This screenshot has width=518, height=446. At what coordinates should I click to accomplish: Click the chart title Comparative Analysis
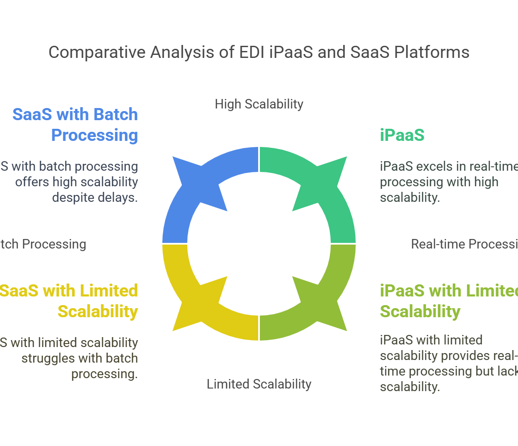259,53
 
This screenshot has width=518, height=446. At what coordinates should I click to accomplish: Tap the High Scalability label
259,105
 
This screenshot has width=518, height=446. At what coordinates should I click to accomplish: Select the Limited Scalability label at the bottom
259,384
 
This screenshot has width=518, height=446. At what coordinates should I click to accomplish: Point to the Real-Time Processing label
464,244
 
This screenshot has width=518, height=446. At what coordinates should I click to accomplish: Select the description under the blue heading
71,182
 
